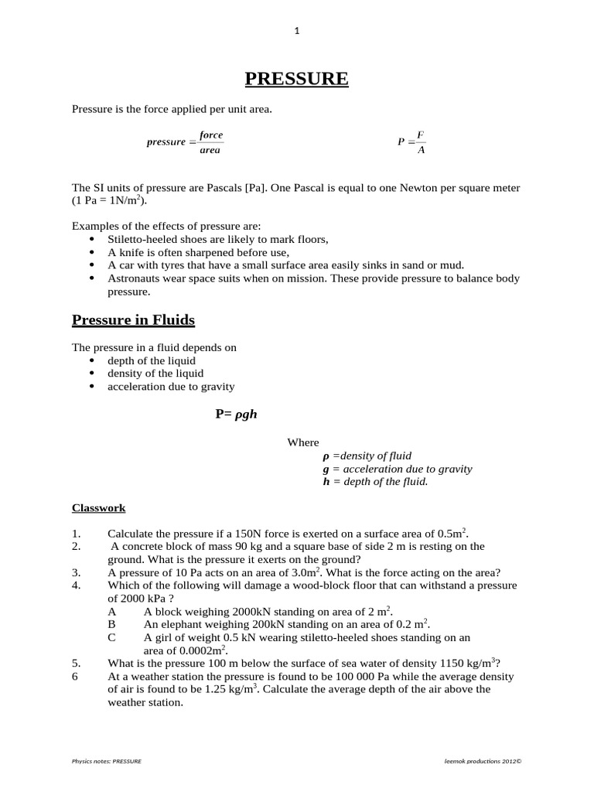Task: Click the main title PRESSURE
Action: (x=296, y=79)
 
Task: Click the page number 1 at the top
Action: (x=296, y=31)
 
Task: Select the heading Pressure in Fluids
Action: (x=133, y=319)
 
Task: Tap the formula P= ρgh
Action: (x=235, y=415)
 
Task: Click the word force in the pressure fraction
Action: (x=210, y=135)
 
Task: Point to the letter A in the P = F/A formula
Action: (x=421, y=150)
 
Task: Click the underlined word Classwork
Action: (x=98, y=508)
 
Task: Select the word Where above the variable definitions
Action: (x=302, y=442)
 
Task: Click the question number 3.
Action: (x=76, y=572)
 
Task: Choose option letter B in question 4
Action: (x=111, y=624)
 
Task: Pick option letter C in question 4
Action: (x=111, y=637)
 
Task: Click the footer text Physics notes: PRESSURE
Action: (x=107, y=761)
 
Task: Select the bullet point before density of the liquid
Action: (x=93, y=374)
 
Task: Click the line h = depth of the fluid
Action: (x=375, y=481)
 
